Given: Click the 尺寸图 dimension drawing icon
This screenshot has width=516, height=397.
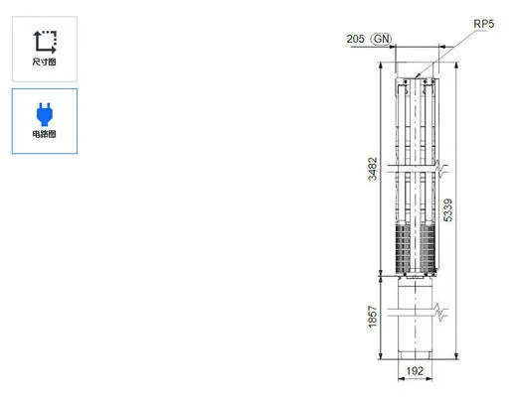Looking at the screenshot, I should [x=45, y=41].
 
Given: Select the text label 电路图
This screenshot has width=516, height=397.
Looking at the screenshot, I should [x=45, y=134].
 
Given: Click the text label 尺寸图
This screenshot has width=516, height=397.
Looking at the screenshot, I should [x=45, y=63].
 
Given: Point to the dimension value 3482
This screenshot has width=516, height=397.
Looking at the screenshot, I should [x=372, y=170].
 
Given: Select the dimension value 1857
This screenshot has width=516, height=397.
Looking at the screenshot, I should [x=372, y=318].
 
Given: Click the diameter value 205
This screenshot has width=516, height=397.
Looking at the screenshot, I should [x=355, y=39].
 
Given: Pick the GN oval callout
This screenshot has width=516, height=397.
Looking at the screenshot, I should [x=381, y=39].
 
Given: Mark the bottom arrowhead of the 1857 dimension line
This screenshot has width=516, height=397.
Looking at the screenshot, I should [x=381, y=358].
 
